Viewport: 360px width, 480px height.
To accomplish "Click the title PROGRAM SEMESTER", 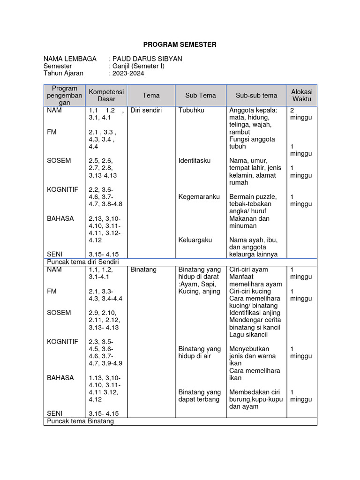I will coord(180,45).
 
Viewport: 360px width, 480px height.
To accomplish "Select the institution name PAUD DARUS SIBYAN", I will coord(145,59).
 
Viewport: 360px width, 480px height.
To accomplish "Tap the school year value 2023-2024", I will coord(127,73).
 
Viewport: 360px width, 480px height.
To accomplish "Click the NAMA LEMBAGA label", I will coord(70,59).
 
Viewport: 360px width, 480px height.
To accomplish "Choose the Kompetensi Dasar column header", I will coord(106,95).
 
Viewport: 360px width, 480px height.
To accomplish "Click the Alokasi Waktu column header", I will coord(301,95).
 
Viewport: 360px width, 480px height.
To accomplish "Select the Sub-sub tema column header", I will coord(256,95).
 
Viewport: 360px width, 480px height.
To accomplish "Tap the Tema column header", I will coord(151,95).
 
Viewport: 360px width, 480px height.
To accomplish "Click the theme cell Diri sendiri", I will coord(146,111).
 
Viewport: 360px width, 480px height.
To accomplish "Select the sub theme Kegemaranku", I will coord(199,196).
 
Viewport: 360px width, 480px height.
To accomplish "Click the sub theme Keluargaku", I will coord(195,240).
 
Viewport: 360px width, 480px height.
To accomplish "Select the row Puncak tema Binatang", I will coord(80,421).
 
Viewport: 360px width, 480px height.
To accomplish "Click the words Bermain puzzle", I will coord(253,196).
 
